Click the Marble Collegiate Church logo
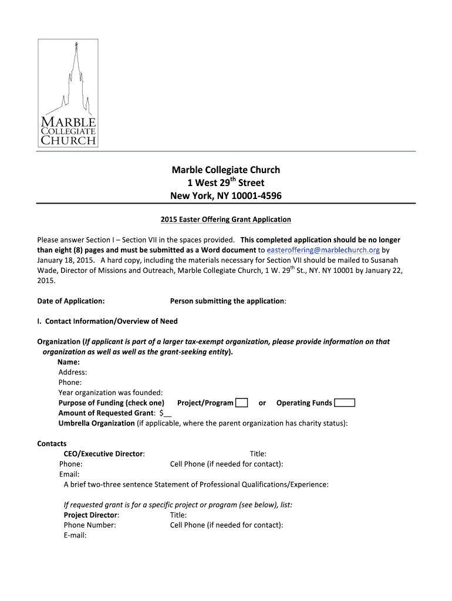coord(68,93)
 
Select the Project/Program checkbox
coord(241,403)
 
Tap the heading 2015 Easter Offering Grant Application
coord(226,220)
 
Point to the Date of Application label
coord(71,301)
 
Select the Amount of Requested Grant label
coord(102,413)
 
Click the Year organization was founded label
coord(110,392)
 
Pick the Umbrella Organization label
coord(96,423)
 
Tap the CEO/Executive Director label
coord(104,454)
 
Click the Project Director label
coord(91,515)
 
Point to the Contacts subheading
coord(52,444)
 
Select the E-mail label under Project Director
coord(75,535)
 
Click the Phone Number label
coord(90,525)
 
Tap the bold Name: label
coord(69,362)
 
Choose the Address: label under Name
coord(73,372)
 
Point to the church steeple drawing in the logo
coord(74,76)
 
